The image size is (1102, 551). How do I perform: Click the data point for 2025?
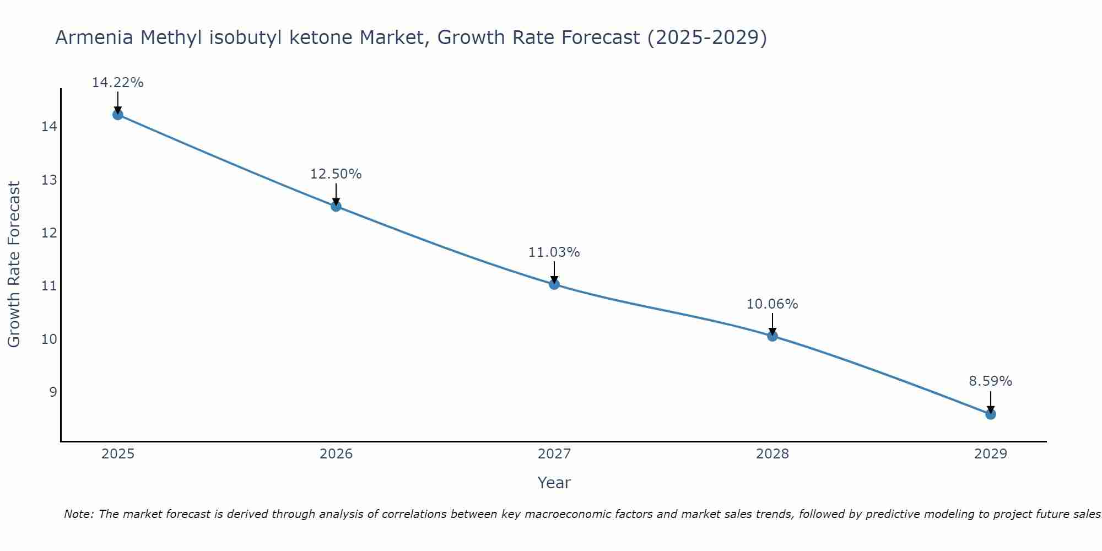coord(117,115)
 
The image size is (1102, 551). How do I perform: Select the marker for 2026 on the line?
coord(336,206)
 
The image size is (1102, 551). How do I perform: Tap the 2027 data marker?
coord(554,284)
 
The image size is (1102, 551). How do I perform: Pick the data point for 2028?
coord(773,336)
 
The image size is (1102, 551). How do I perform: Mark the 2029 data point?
coord(990,414)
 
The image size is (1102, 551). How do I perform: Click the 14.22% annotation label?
coord(117,83)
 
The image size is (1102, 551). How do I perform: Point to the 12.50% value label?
coord(336,174)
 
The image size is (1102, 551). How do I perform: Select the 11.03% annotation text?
coord(554,252)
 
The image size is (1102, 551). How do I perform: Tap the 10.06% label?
coord(773,304)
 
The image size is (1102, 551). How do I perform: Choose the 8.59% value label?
coord(990,381)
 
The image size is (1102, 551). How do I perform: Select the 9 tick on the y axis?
coord(53,392)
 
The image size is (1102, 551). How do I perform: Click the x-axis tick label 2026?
coord(336,454)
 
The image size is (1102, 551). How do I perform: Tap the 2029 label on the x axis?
coord(990,454)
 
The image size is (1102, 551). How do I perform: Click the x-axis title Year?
coord(554,483)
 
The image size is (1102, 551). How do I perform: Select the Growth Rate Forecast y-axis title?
coord(14,264)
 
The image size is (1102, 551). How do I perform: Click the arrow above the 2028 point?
coord(773,324)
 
